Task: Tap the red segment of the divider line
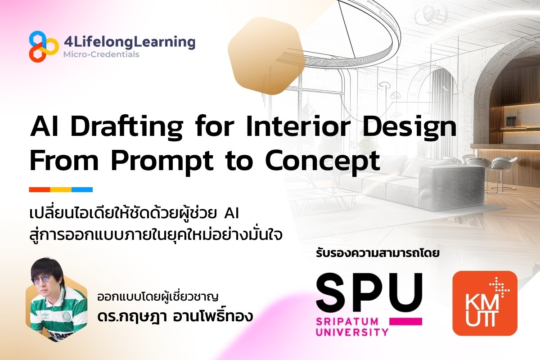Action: [x=39, y=189]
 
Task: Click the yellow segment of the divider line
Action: [x=60, y=189]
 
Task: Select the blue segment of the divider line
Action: [x=82, y=189]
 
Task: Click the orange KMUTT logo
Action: [x=485, y=303]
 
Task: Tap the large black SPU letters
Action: [x=369, y=292]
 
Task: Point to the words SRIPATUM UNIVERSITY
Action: [x=352, y=327]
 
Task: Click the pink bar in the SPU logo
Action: [x=405, y=321]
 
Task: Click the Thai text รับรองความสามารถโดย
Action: [x=378, y=253]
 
